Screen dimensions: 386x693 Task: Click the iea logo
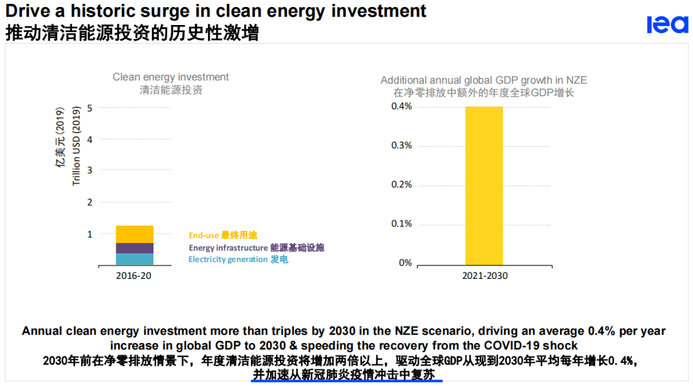click(667, 24)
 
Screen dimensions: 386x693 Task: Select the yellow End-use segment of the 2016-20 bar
click(134, 234)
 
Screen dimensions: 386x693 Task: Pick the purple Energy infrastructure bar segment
click(134, 248)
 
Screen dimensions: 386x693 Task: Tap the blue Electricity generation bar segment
click(134, 259)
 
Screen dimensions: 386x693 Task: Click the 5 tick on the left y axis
click(90, 108)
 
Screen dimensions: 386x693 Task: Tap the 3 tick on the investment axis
click(90, 171)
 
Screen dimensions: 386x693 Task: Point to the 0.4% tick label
click(402, 106)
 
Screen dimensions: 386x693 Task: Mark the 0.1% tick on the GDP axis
click(402, 224)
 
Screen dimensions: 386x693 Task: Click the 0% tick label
click(405, 263)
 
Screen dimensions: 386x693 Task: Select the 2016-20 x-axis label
click(134, 276)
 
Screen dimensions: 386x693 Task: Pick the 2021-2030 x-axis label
click(484, 276)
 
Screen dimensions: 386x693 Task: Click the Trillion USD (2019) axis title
click(76, 147)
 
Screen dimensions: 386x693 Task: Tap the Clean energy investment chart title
click(171, 77)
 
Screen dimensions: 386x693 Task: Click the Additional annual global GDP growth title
click(483, 80)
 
